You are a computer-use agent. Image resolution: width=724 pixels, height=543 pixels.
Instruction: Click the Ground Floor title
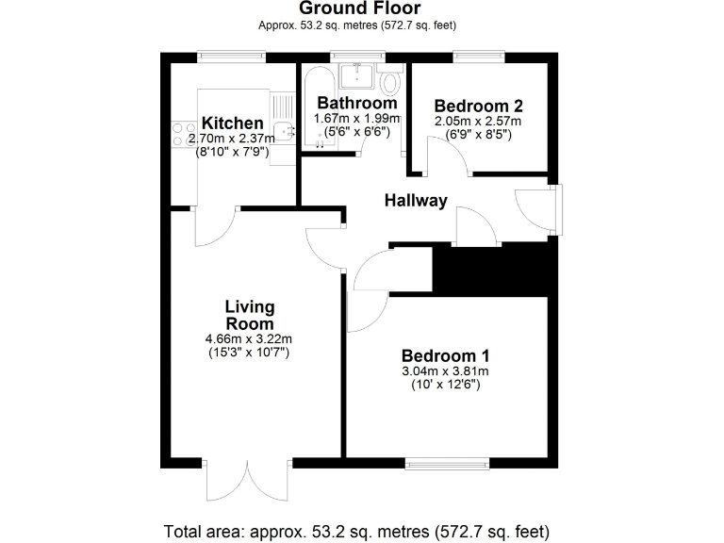pos(360,8)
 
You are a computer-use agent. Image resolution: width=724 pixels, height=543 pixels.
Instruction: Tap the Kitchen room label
pos(233,123)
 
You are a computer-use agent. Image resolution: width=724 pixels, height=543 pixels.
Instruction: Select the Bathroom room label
pos(357,103)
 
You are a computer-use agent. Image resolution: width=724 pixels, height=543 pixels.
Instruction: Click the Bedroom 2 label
pos(478,107)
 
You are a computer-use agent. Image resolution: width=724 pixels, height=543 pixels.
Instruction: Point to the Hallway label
pos(415,201)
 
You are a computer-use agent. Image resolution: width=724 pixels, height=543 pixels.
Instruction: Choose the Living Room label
pos(249,315)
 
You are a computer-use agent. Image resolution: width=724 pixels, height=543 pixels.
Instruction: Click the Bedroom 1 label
pos(445,356)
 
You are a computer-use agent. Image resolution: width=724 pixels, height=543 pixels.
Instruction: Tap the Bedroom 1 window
pos(447,464)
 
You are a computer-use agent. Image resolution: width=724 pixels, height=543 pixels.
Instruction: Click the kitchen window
pos(232,58)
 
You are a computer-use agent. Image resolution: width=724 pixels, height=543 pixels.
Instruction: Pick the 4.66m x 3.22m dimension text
pos(249,338)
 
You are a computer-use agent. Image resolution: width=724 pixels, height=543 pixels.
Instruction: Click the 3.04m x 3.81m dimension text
pos(445,371)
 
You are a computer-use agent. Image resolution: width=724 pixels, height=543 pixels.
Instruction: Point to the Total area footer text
pos(356,530)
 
